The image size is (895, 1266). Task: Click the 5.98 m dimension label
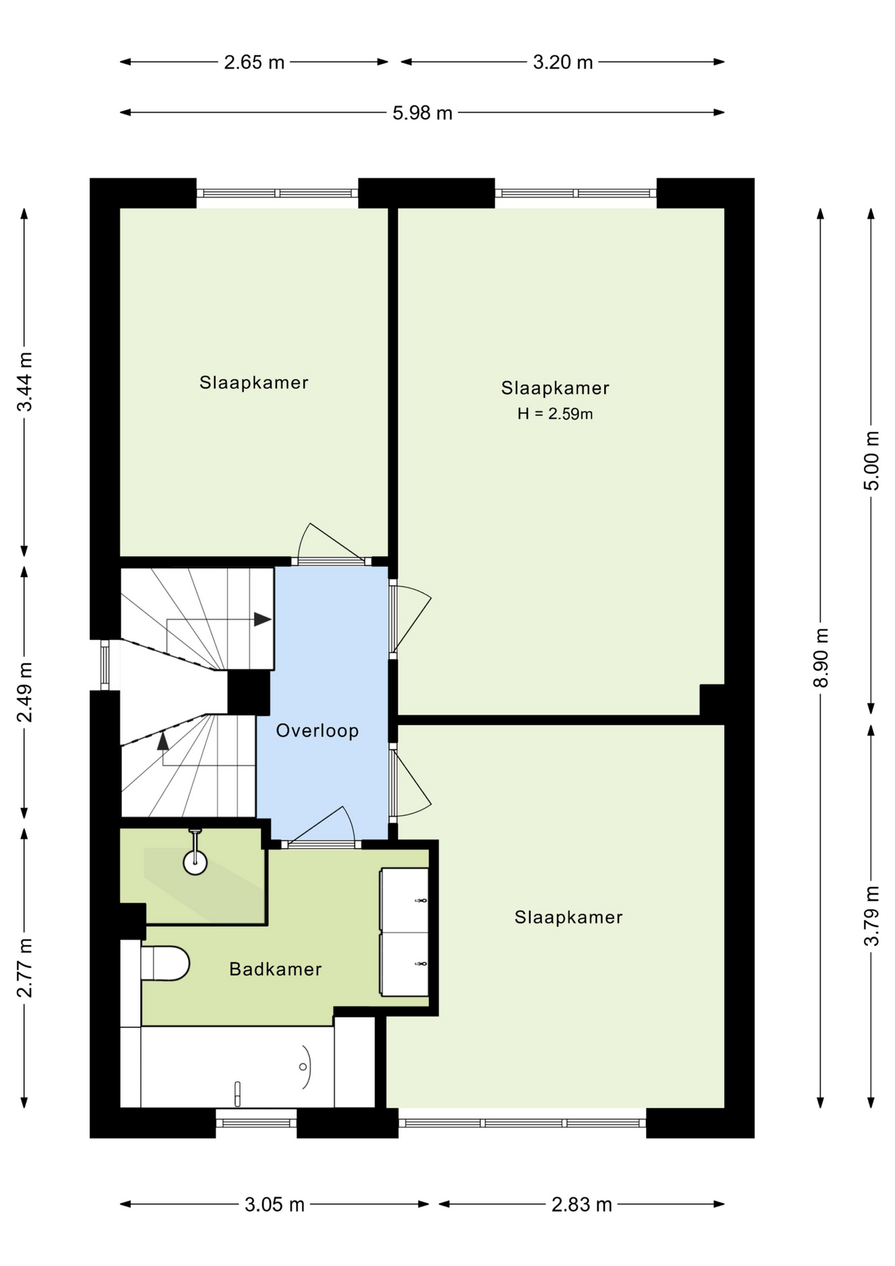tap(422, 113)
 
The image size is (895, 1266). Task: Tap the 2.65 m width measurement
tap(254, 63)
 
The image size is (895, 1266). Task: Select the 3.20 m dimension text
tap(563, 63)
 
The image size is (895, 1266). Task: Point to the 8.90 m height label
tap(821, 657)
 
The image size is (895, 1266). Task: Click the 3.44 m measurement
tap(24, 382)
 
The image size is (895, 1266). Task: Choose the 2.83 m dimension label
tap(582, 1205)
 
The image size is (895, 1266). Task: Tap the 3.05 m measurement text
tap(274, 1205)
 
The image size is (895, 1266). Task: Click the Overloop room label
tap(317, 731)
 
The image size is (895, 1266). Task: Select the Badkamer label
tap(275, 969)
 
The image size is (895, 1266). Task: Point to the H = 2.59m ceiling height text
tap(555, 414)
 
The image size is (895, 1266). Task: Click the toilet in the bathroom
tap(164, 963)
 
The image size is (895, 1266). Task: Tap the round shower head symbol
tap(195, 862)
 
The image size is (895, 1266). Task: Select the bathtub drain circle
tap(303, 1066)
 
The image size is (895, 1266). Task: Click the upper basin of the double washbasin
tap(405, 899)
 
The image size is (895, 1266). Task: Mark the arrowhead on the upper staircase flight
tap(263, 620)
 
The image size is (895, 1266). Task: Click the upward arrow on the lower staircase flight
tap(163, 740)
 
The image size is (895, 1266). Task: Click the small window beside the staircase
tap(105, 665)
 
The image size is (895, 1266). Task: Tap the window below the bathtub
tap(256, 1123)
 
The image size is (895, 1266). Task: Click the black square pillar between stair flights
tap(248, 692)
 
